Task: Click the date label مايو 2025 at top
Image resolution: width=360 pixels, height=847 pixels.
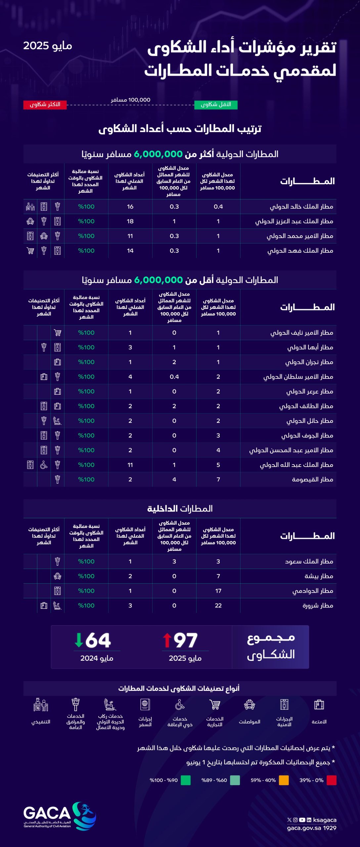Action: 48,46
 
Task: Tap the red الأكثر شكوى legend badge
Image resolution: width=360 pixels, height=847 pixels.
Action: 45,105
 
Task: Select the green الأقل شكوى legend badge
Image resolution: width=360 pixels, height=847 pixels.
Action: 216,105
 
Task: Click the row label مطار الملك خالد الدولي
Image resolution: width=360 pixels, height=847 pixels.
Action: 301,207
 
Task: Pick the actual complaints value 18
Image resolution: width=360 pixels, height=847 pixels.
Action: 130,221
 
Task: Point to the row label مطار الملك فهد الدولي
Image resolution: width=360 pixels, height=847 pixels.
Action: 300,251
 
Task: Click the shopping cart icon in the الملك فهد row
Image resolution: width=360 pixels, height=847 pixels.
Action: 30,251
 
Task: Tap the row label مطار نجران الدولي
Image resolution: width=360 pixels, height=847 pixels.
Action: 309,362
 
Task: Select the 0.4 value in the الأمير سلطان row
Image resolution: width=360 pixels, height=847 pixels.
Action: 174,377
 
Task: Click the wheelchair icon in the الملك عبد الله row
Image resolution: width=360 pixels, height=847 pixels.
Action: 44,465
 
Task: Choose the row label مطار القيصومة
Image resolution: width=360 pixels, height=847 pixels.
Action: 312,479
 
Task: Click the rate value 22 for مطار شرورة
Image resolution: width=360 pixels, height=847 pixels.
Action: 218,605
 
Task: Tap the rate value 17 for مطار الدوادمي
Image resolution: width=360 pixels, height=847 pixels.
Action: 218,591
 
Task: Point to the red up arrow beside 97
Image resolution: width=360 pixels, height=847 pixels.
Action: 167,640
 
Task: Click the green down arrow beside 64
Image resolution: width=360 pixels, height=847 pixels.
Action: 79,640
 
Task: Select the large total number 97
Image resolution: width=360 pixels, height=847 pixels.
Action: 185,640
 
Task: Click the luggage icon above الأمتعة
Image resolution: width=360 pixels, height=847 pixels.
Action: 319,704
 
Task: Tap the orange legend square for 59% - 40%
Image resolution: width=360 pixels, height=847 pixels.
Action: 284,780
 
